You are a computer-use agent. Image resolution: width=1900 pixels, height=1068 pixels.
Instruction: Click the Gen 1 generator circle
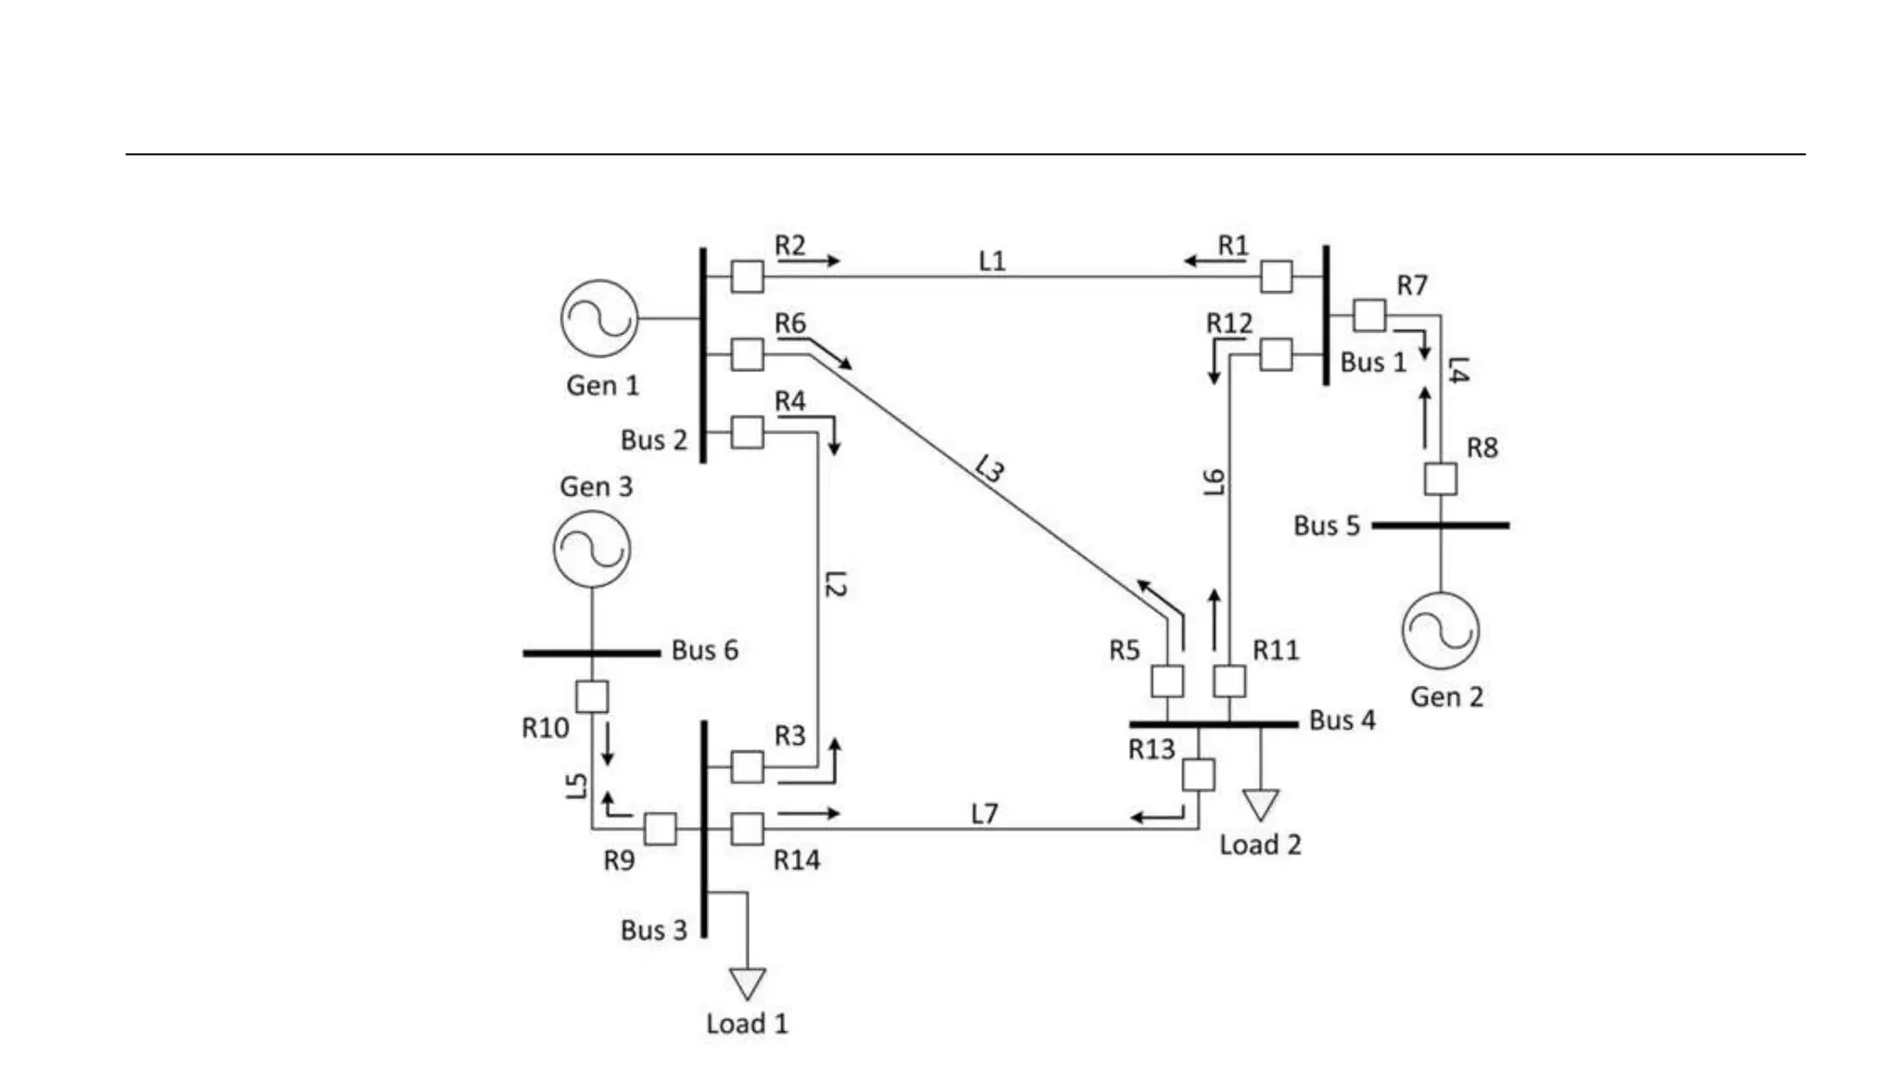[599, 318]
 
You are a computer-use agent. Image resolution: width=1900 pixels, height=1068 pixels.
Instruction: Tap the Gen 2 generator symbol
[1440, 630]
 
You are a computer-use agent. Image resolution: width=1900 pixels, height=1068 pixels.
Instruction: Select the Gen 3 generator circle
[592, 548]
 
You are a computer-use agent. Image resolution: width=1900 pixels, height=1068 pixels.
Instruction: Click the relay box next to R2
[747, 276]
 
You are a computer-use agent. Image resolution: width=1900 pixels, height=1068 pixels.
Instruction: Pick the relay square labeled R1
[1277, 276]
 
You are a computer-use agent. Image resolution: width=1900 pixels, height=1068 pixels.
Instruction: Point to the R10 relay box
[592, 696]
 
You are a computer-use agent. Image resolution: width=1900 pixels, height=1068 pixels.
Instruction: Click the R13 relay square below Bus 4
[1199, 774]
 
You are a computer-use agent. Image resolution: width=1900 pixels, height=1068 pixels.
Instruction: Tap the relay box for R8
[1440, 479]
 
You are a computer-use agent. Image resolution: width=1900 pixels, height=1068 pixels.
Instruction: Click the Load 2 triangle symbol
[1261, 803]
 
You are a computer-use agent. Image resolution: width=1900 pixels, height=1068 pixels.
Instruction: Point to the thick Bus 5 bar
[1440, 525]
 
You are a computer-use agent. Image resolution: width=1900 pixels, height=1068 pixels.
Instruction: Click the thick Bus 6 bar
[592, 653]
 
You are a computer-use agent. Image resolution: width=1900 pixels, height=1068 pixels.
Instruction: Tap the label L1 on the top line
[992, 261]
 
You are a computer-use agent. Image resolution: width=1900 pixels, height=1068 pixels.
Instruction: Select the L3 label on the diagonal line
[990, 469]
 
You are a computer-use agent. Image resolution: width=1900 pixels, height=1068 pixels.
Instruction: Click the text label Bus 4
[1342, 720]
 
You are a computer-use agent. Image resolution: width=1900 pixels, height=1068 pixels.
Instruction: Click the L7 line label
[984, 813]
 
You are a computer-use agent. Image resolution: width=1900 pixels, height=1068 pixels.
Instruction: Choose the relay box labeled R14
[747, 829]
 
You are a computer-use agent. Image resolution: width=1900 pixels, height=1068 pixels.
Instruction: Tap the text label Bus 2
[653, 439]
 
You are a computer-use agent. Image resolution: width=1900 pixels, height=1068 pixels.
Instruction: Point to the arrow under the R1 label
[1214, 261]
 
